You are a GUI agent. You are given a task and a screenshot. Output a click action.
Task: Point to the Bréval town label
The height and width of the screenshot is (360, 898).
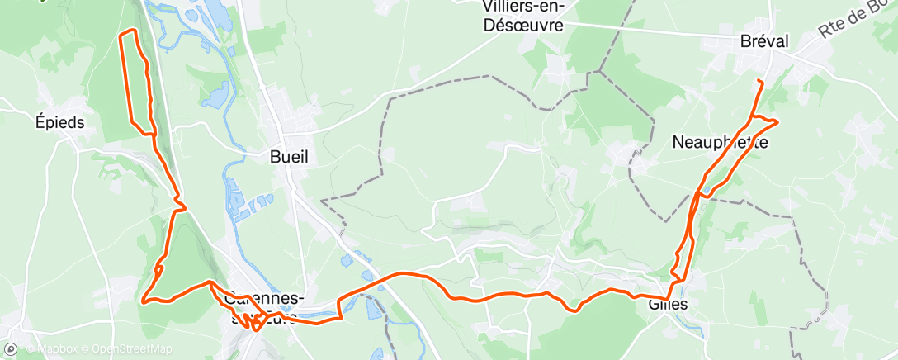click(764, 41)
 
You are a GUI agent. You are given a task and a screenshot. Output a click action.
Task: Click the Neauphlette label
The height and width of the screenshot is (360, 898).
click(720, 142)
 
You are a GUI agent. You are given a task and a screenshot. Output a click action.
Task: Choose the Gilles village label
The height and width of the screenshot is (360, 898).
click(668, 304)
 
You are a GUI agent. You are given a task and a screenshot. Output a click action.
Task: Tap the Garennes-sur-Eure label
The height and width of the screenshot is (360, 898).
click(262, 306)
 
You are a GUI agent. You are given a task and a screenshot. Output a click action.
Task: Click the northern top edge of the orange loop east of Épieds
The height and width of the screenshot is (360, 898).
click(128, 31)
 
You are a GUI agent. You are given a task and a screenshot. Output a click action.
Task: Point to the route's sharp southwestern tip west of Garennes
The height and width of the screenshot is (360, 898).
click(143, 301)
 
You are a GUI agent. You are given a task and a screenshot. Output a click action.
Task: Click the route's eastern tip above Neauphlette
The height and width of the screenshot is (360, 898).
click(777, 122)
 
